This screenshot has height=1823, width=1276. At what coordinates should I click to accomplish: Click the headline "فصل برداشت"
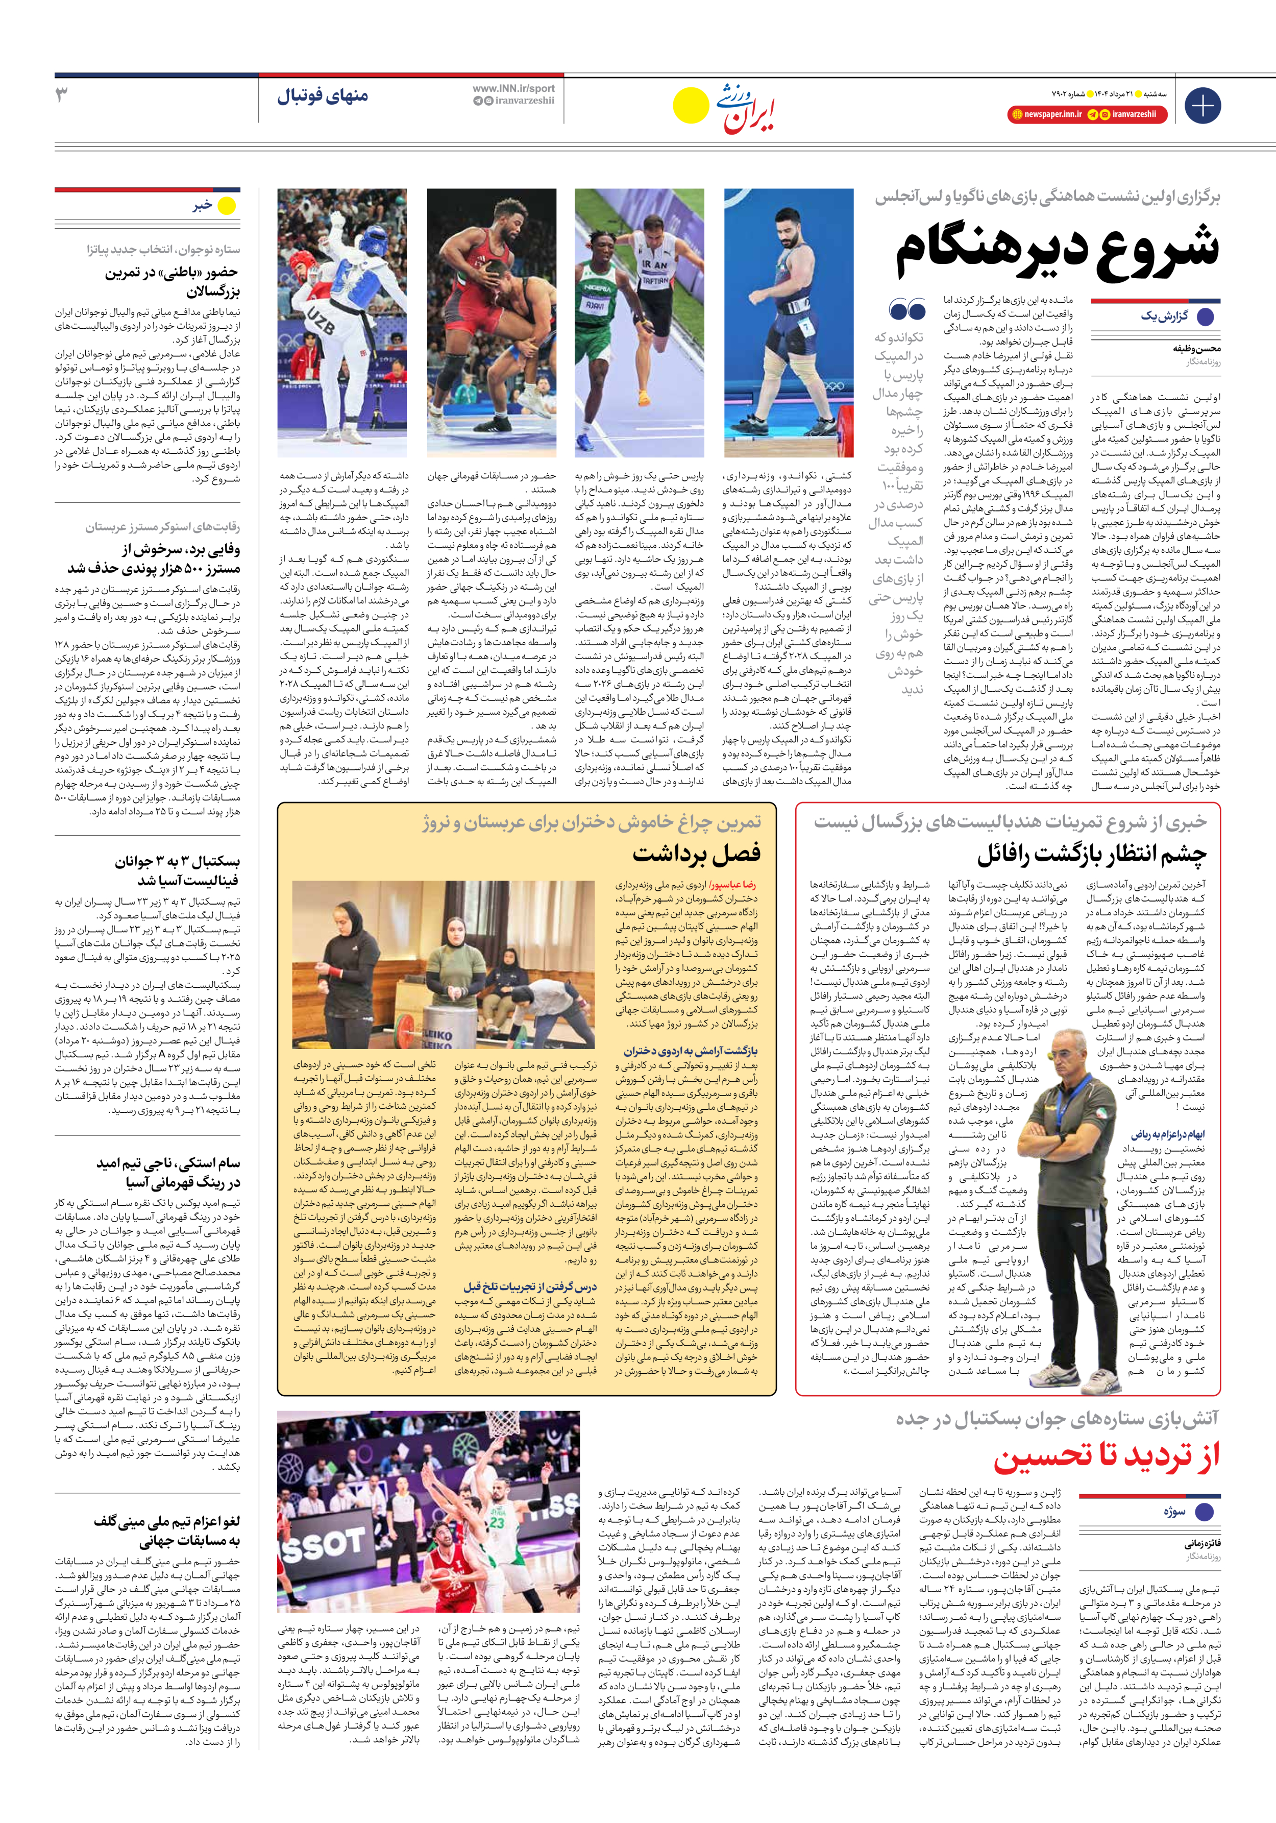click(x=696, y=854)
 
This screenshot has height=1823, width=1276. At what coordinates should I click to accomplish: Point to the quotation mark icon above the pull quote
click(x=907, y=309)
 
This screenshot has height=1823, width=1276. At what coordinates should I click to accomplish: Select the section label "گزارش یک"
click(x=1164, y=316)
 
